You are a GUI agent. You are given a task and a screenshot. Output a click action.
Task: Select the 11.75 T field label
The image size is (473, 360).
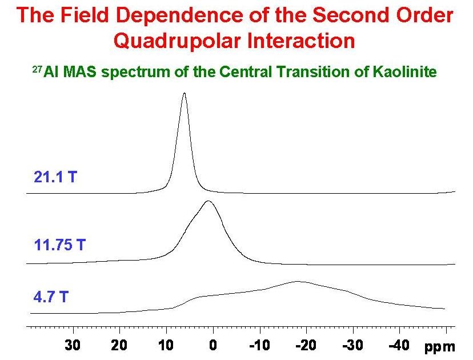59,246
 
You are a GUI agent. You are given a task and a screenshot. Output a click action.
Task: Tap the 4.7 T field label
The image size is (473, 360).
52,297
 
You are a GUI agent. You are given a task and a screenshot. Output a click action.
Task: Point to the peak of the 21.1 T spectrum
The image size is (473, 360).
184,93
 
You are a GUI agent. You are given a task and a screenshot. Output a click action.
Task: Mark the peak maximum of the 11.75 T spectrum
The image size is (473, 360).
209,201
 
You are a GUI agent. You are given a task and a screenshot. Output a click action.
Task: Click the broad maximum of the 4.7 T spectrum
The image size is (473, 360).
297,281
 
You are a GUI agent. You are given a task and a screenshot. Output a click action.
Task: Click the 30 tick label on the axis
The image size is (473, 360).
73,346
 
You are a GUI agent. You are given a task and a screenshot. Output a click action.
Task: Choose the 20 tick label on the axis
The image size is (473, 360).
119,346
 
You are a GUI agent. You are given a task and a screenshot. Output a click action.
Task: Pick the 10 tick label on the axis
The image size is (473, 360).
166,346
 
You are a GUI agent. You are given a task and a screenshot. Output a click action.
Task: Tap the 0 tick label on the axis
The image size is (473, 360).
213,346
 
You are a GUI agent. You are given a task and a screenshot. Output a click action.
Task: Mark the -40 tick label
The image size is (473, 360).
398,346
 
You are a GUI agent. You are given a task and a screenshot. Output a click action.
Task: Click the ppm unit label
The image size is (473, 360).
440,347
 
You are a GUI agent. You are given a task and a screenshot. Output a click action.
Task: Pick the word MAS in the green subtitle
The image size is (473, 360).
78,73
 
